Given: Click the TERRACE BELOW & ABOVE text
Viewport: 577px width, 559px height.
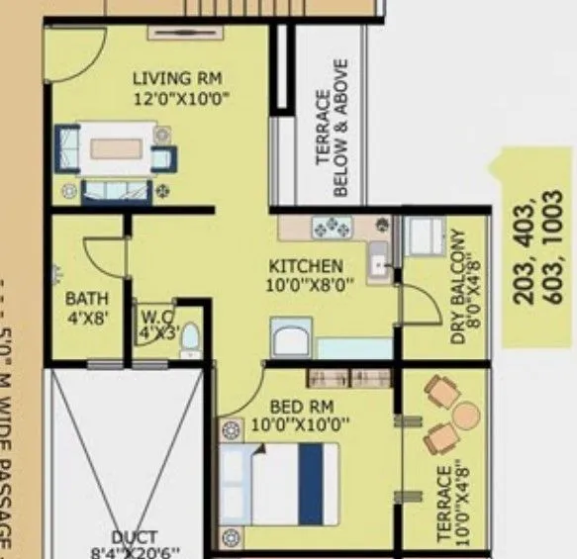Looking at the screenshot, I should click(331, 130).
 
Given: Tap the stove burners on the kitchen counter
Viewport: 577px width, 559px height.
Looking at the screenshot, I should click(329, 228).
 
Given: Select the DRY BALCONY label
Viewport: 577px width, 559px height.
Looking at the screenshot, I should click(457, 287).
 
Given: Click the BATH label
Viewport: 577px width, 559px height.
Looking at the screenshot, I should click(86, 298).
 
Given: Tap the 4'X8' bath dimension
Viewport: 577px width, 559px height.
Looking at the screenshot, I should click(86, 318).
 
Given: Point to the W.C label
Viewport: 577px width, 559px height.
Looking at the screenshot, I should click(157, 318).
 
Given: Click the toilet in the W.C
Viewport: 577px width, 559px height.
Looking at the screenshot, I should click(191, 338).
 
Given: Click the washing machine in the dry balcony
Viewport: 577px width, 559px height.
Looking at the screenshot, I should click(427, 237).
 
